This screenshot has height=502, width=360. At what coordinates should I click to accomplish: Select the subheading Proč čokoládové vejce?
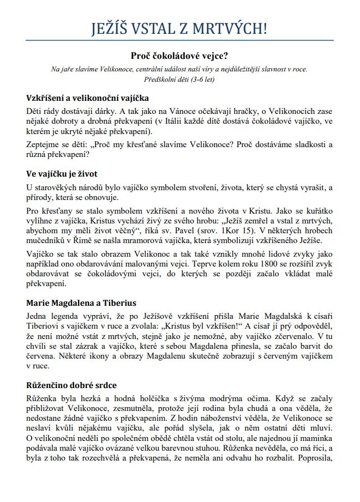180,55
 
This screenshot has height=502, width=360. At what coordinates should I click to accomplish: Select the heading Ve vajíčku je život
62,174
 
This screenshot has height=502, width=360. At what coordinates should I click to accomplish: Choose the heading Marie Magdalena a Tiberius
81,303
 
